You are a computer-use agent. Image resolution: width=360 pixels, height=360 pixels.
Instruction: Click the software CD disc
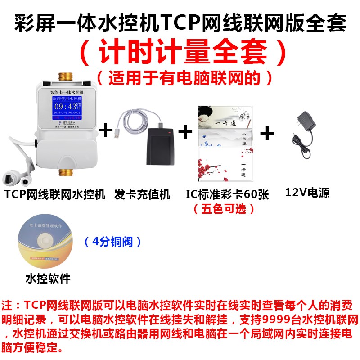pyautogui.click(x=45, y=243)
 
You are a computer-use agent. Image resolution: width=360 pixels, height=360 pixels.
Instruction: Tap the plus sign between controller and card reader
pyautogui.click(x=105, y=130)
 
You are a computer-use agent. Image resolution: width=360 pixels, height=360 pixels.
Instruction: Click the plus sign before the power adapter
pyautogui.click(x=267, y=133)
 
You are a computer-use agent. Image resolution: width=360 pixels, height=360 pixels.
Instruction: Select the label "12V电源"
pyautogui.click(x=307, y=193)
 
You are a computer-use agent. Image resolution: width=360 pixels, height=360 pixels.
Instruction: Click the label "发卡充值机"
pyautogui.click(x=142, y=194)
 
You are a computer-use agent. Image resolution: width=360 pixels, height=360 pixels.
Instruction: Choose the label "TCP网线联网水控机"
pyautogui.click(x=55, y=194)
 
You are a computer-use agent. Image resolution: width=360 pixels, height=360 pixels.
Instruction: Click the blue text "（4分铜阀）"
pyautogui.click(x=113, y=242)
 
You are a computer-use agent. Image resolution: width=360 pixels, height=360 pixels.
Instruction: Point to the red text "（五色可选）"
pyautogui.click(x=224, y=209)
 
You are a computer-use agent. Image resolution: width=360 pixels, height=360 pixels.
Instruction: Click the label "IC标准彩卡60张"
pyautogui.click(x=227, y=194)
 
